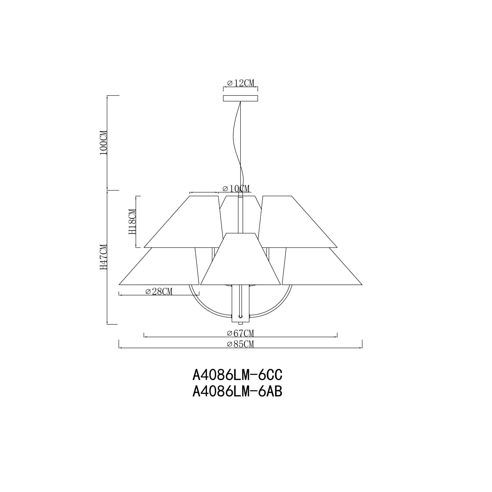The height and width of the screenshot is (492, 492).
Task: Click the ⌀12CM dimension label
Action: (240, 83)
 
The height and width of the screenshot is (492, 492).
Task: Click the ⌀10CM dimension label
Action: (236, 189)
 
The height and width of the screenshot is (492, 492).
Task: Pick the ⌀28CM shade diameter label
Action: (158, 291)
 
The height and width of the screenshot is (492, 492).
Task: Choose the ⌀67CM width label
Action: (240, 334)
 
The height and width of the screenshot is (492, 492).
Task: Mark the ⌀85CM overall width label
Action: (240, 344)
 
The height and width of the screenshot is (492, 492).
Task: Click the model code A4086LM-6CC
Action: (237, 375)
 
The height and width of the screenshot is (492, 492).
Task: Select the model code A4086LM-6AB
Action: (237, 391)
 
